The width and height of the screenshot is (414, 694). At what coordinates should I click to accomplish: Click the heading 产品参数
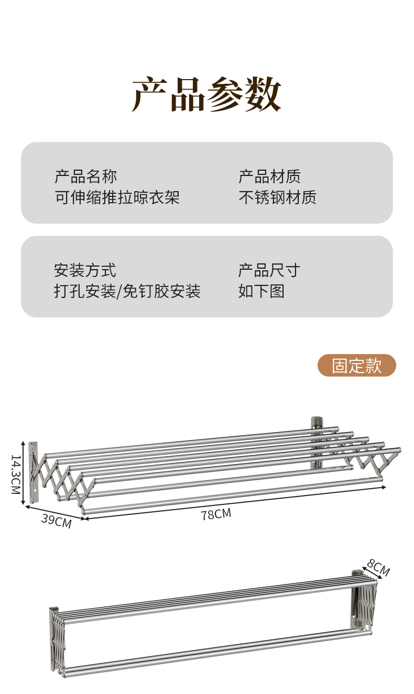[x=206, y=94]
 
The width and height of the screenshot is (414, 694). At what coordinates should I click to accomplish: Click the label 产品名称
[x=85, y=176]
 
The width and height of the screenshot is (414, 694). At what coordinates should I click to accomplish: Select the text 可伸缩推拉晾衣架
[x=117, y=197]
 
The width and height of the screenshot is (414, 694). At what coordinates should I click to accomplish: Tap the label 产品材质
[x=269, y=176]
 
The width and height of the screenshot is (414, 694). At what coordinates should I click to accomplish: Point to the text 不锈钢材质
[x=277, y=197]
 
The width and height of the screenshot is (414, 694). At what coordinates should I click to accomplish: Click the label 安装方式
[x=85, y=270]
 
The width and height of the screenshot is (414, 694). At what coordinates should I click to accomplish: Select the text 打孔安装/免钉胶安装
[x=127, y=291]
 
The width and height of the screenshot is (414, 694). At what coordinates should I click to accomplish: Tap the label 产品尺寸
[x=269, y=270]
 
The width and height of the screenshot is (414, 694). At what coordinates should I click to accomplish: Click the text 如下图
[x=261, y=291]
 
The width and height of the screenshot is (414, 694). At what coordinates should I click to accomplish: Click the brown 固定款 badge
[x=356, y=366]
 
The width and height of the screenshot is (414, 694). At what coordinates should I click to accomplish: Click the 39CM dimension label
[x=56, y=522]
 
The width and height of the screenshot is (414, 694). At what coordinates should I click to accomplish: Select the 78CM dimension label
[x=215, y=514]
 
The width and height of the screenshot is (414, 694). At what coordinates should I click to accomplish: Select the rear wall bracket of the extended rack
[x=317, y=443]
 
